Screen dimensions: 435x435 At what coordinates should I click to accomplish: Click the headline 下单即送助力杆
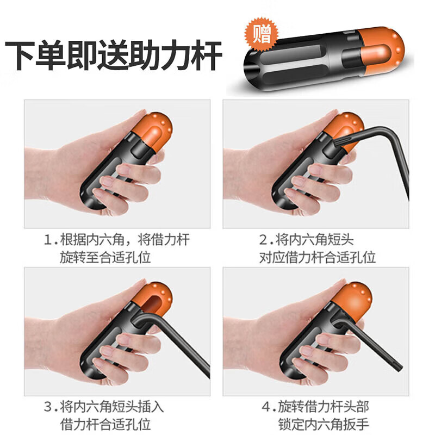click(x=114, y=55)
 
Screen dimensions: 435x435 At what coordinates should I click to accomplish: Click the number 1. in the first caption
click(x=51, y=240)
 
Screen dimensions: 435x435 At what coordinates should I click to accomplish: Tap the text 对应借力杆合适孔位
click(x=317, y=257)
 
